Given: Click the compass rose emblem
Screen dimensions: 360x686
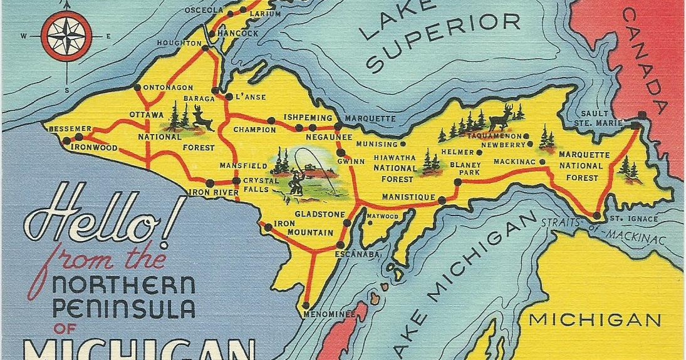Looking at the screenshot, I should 66,36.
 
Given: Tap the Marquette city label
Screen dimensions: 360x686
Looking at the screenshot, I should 370,118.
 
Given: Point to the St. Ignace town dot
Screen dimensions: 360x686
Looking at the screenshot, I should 596,216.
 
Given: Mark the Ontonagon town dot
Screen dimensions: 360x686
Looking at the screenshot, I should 137,88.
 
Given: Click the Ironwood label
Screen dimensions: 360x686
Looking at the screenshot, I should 95,148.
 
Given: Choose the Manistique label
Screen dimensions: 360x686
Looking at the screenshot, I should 408,198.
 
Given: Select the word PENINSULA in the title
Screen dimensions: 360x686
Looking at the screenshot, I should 124,309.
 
